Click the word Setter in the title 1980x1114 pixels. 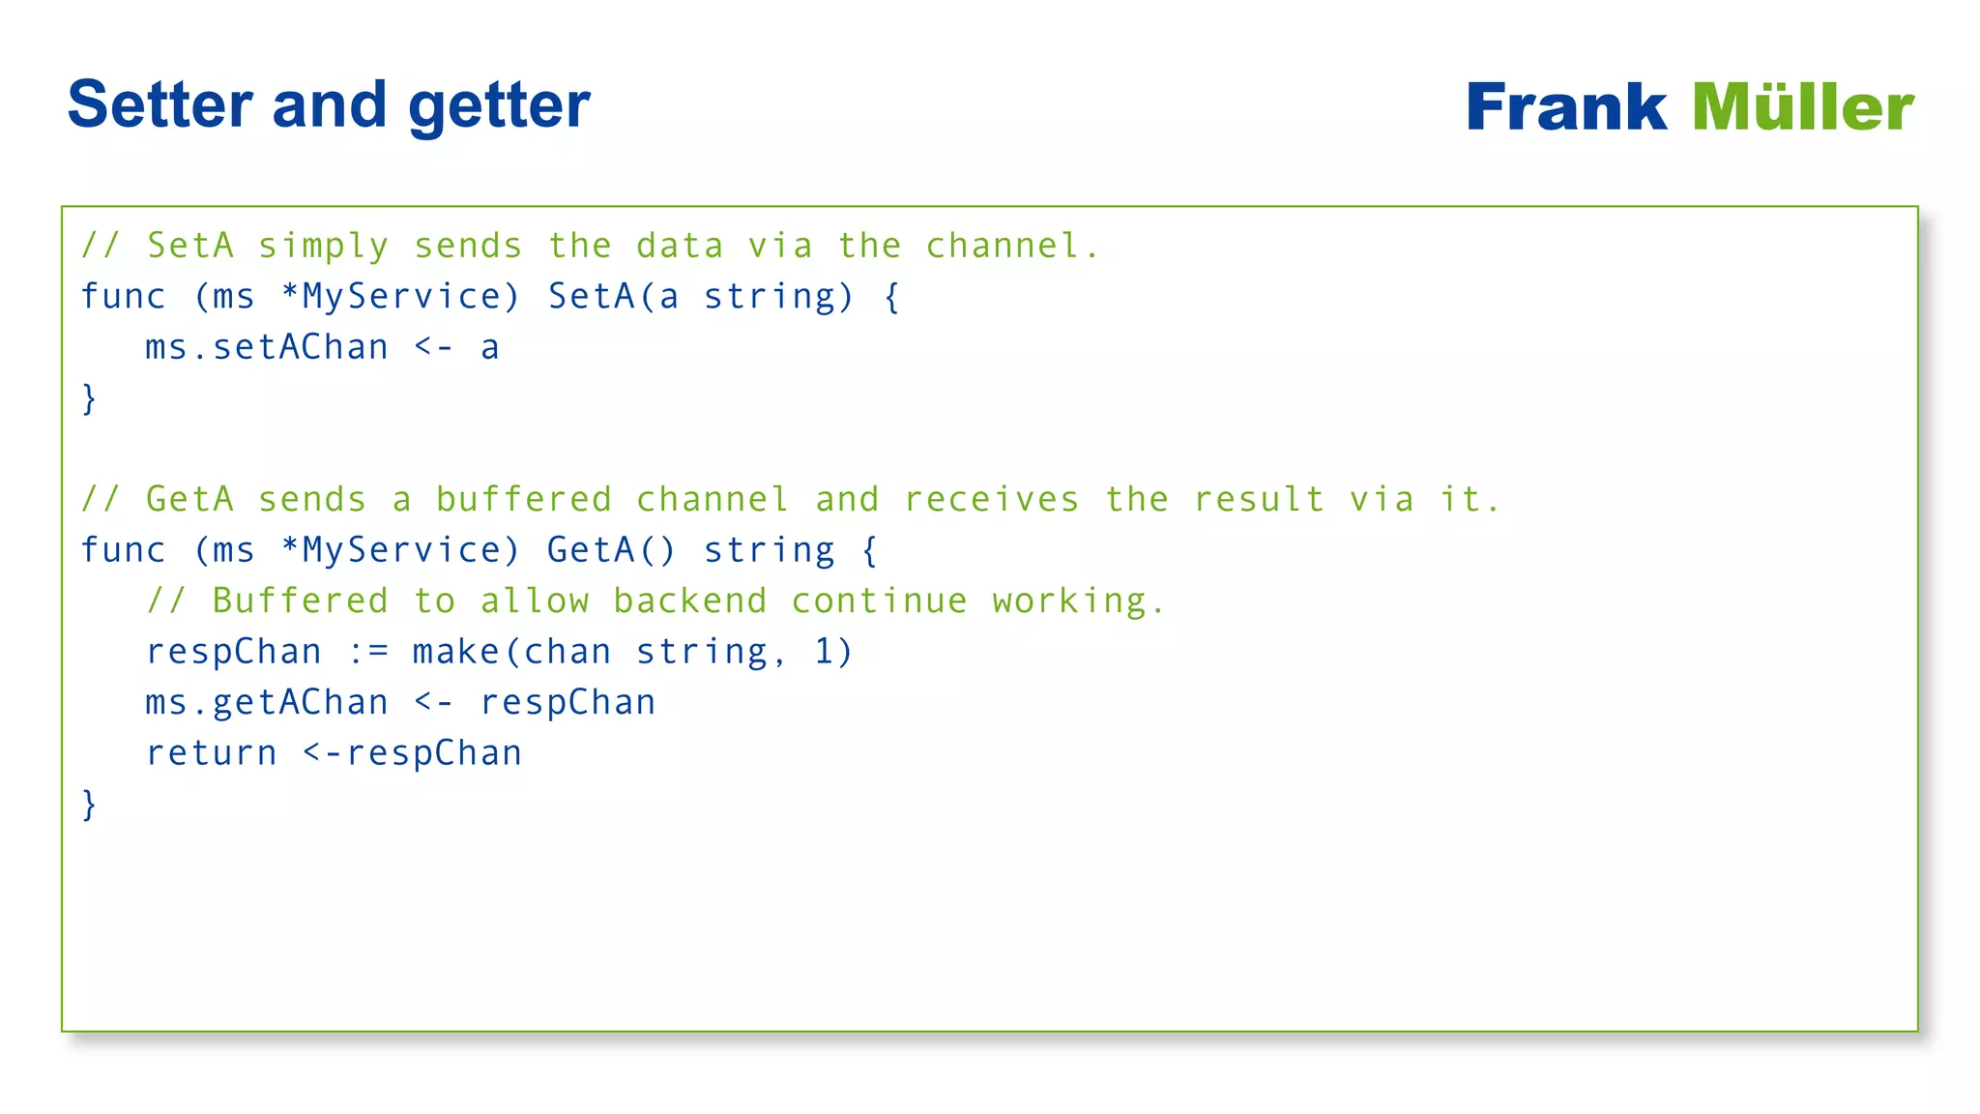coord(160,104)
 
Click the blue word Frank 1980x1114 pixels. coord(1566,106)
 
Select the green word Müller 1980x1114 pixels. coord(1803,106)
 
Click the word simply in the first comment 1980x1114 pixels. coord(323,247)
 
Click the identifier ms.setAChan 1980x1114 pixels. coord(267,347)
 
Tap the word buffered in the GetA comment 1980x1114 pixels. coord(524,500)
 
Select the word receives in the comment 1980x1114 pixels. coord(991,500)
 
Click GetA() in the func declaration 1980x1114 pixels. coord(611,550)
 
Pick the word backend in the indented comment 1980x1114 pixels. coord(690,601)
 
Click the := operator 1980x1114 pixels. coord(367,652)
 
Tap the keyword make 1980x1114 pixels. coord(456,652)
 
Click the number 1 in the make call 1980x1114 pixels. coord(824,652)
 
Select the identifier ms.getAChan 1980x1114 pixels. coord(267,703)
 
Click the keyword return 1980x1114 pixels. coord(212,753)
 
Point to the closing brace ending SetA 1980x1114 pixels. coord(89,398)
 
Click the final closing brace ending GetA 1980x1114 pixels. coord(89,805)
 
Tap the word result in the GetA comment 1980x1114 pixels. coord(1259,500)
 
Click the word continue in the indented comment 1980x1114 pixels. coord(879,601)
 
